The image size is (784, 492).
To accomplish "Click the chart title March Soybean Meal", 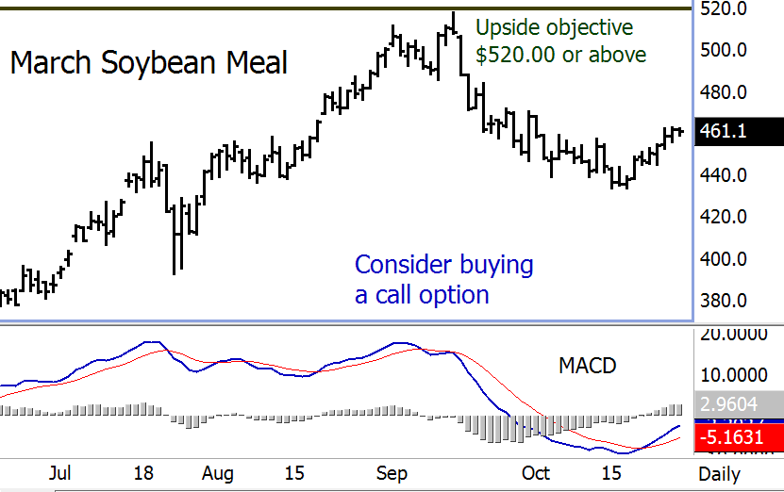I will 148,64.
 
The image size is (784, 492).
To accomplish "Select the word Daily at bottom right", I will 719,473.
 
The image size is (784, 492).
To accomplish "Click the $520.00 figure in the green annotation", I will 515,55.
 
